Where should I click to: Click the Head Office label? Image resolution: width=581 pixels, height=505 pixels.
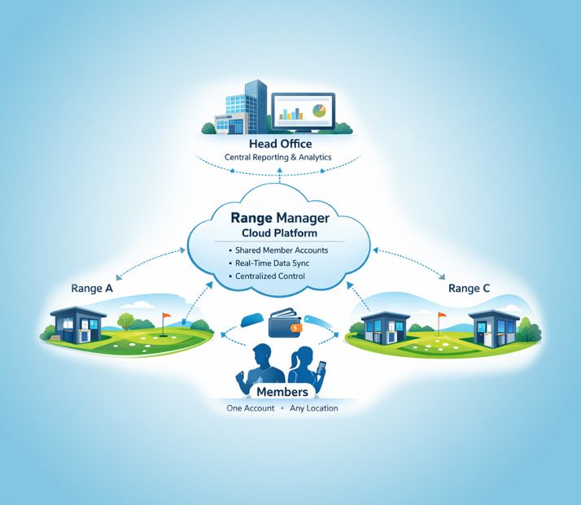click(280, 144)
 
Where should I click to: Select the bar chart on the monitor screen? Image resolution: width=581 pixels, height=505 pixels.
click(290, 113)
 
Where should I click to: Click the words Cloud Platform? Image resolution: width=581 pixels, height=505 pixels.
click(280, 233)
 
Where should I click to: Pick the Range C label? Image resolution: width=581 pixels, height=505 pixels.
click(469, 288)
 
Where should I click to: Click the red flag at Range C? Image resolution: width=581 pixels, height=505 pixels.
click(442, 315)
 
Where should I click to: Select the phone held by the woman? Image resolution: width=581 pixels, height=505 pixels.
click(321, 368)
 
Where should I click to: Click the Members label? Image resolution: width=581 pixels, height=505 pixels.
click(281, 392)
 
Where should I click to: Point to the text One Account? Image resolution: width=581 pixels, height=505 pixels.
click(251, 408)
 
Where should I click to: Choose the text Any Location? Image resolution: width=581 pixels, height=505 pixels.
click(313, 408)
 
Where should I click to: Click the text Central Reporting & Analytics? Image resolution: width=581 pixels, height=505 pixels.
click(277, 157)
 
